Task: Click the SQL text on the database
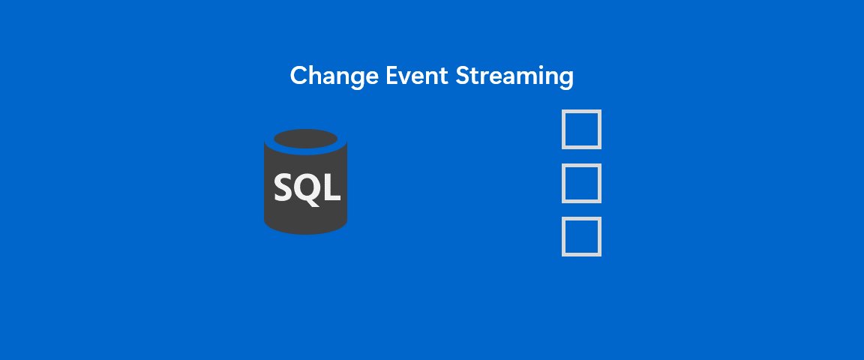[x=307, y=187]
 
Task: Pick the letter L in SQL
[x=331, y=187]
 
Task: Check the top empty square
[x=581, y=130]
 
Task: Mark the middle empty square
[x=581, y=183]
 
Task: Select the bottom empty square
[x=581, y=236]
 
